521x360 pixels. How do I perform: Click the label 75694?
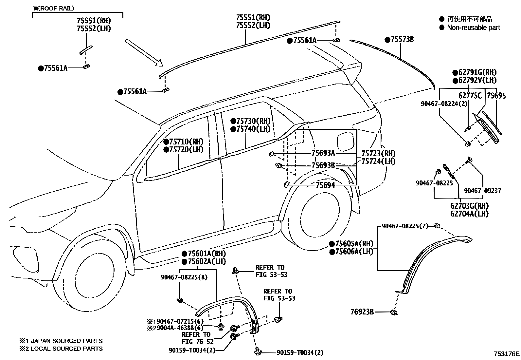tap(325, 185)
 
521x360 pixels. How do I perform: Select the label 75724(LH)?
tap(378, 161)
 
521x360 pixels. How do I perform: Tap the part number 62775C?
tap(470, 96)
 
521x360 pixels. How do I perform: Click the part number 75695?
tap(496, 96)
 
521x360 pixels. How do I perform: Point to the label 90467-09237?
tap(482, 191)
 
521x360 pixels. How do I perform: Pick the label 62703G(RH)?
tap(469, 206)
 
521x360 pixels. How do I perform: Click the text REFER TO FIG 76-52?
tap(198, 338)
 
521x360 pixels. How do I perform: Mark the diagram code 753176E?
tap(506, 354)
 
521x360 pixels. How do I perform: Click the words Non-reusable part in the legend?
tap(473, 28)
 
